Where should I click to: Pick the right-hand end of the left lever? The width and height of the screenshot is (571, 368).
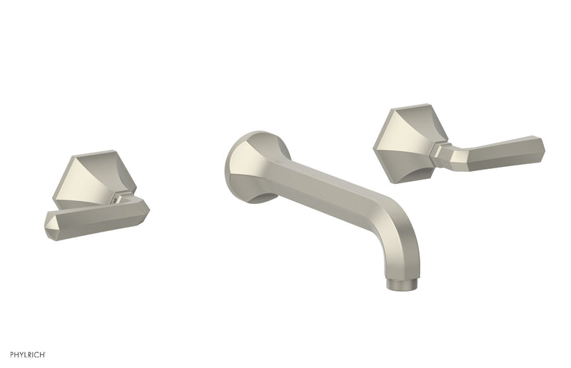coord(146,207)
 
